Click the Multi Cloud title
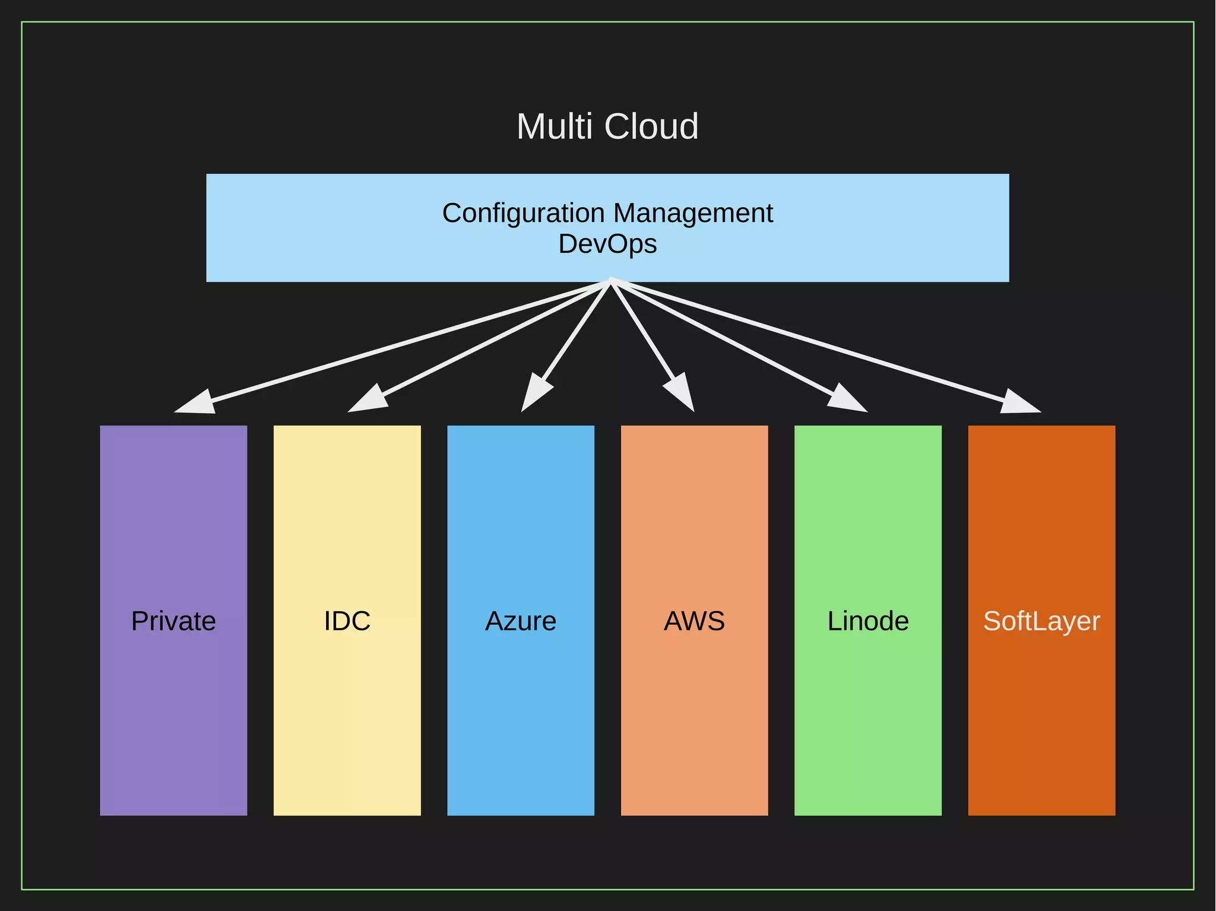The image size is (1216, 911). point(607,126)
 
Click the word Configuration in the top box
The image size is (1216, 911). point(523,213)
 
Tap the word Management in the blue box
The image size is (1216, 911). point(693,213)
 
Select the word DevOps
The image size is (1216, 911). point(607,244)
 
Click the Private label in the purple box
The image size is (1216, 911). point(173,621)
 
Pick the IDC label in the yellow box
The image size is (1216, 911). point(347,621)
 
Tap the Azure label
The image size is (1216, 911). point(521,621)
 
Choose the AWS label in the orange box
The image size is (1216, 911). point(694,621)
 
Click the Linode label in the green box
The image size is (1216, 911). point(868,621)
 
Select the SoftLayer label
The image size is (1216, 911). point(1041,621)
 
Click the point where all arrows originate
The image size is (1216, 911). point(610,281)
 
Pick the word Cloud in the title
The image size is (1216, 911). point(651,126)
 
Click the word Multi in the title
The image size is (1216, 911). point(555,126)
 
